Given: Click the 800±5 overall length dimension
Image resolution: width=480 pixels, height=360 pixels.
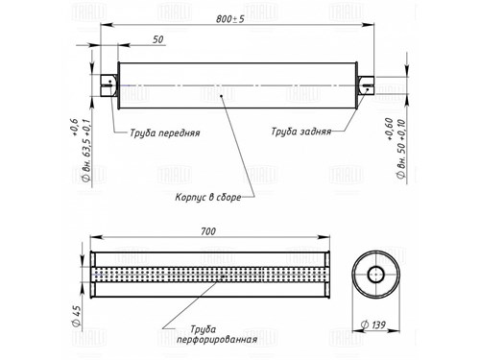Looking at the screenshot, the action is (x=229, y=19).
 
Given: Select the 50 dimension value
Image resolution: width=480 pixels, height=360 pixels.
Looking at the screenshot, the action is (x=158, y=39).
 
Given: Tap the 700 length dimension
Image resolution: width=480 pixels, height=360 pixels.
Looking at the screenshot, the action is (x=208, y=231).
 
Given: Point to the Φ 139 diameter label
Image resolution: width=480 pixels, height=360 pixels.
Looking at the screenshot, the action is (x=373, y=325).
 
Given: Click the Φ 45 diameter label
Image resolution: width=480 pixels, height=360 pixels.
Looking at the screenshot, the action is (x=77, y=316).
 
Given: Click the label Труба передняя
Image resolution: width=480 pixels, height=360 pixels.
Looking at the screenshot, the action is (x=165, y=132).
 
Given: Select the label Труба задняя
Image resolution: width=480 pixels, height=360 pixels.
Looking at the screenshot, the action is (x=301, y=132).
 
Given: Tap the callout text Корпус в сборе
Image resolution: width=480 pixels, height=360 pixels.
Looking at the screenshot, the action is (x=208, y=197).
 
